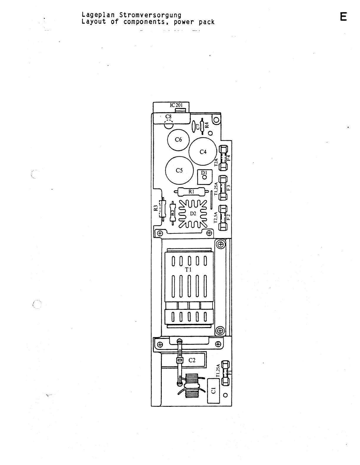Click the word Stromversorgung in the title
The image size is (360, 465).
[x=150, y=15]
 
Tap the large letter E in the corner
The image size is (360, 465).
[x=343, y=17]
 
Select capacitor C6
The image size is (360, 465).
[x=179, y=140]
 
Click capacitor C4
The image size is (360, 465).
[x=203, y=152]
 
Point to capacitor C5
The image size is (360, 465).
[x=179, y=170]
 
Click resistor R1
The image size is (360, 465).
[x=191, y=192]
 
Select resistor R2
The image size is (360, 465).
[x=173, y=212]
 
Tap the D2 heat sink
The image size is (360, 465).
[x=193, y=214]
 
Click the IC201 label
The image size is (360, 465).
[x=176, y=105]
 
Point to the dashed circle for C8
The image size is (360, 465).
[x=169, y=125]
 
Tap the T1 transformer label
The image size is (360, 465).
[x=188, y=269]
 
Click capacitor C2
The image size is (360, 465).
[x=192, y=360]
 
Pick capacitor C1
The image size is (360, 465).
[x=214, y=391]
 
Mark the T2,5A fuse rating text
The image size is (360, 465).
[x=216, y=217]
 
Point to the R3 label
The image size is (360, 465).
[x=156, y=208]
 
